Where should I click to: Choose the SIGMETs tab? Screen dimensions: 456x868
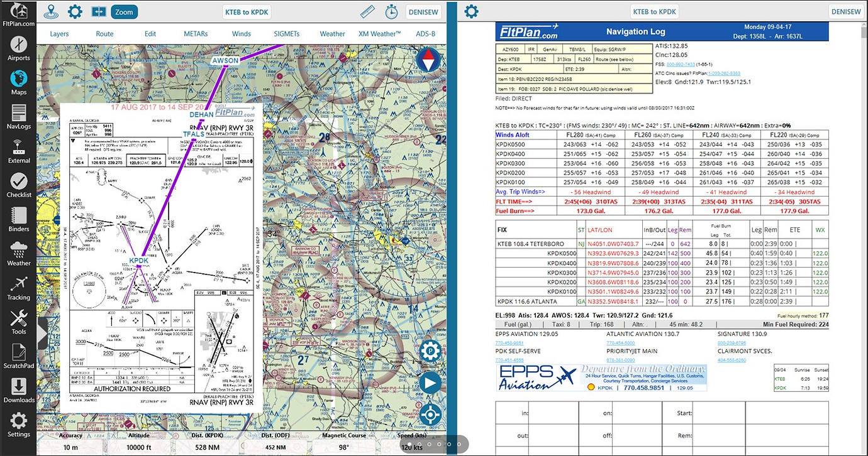click(286, 34)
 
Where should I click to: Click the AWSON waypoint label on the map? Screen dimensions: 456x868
click(225, 60)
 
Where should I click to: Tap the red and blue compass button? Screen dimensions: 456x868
click(430, 61)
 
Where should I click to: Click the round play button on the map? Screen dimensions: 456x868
click(430, 383)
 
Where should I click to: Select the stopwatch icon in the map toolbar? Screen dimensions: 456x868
click(392, 11)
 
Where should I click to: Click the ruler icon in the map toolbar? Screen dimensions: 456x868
click(367, 11)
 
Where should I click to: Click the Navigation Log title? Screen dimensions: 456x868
click(635, 31)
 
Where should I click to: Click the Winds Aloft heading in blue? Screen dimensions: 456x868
click(513, 135)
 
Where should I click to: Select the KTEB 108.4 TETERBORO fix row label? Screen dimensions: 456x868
click(531, 244)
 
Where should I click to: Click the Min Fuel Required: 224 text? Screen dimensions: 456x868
click(795, 324)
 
